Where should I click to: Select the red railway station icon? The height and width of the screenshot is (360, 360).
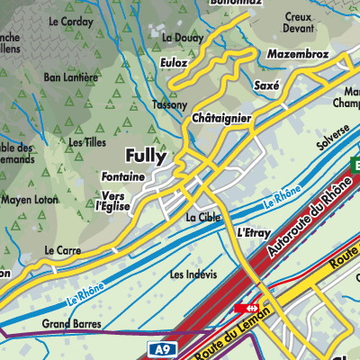(243, 308)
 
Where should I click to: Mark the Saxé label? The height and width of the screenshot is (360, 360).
(267, 85)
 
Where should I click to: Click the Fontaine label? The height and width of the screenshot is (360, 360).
(123, 177)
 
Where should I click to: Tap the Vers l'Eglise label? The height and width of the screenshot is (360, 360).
(118, 200)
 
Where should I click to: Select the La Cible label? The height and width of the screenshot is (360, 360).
(202, 218)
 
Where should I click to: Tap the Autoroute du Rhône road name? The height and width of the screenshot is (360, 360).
(301, 221)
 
